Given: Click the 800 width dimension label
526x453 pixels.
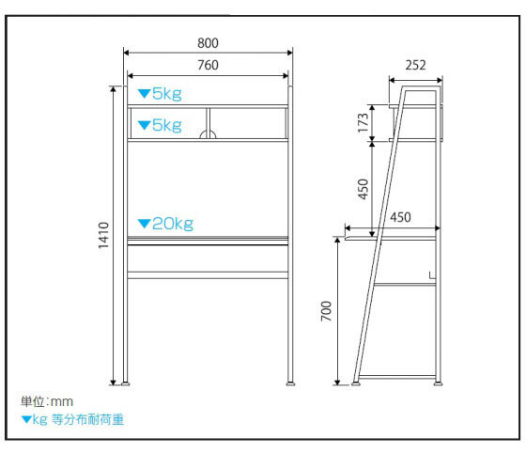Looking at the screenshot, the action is [208, 43].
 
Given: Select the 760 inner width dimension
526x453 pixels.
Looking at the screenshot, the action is [208, 65].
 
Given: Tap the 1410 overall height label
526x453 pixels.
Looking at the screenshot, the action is [103, 235].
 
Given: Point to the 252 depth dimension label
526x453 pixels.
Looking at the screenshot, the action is [415, 65].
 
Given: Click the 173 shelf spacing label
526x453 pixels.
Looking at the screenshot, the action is [363, 123].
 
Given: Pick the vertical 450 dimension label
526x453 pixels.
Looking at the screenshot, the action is [363, 189].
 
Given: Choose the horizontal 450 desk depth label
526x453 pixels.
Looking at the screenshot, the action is [400, 217].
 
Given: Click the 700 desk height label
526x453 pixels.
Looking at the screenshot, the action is [326, 311].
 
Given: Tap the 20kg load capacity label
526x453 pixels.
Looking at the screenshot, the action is [173, 224].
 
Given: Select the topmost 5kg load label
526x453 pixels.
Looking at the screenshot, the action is [167, 94].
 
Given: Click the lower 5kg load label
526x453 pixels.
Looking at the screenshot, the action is [167, 126].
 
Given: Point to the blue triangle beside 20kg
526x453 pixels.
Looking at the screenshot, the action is [144, 224].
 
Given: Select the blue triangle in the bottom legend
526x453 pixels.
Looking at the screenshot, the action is [26, 419].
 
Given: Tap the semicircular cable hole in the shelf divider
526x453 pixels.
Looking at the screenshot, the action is [208, 134].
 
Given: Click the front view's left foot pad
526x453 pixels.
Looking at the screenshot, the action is [125, 383].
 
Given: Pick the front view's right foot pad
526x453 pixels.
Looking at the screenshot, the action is [290, 383].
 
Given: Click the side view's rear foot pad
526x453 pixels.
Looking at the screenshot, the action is [438, 383].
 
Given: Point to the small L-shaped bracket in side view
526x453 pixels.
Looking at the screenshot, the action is [432, 275].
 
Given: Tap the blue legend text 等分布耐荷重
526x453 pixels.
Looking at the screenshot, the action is [87, 419].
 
